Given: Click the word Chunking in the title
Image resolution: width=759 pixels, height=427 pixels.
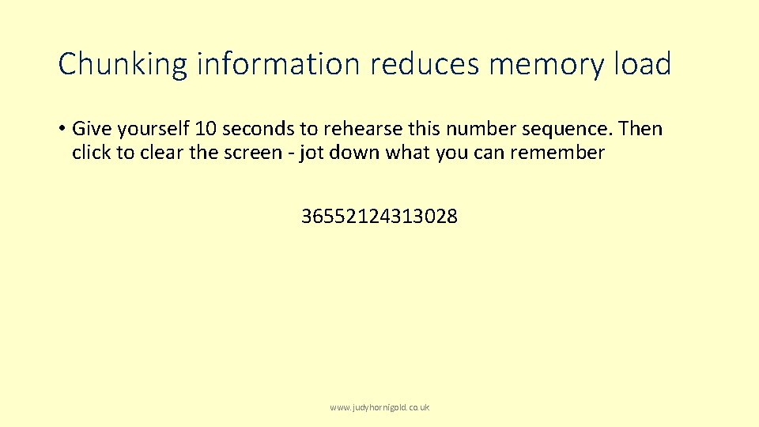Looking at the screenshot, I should click(123, 64).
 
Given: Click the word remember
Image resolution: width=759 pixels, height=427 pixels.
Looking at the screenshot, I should click(557, 153).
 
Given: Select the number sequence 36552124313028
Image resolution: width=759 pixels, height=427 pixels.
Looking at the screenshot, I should click(379, 216).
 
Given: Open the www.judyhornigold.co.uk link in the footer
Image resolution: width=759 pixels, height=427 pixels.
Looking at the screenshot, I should click(379, 407).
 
